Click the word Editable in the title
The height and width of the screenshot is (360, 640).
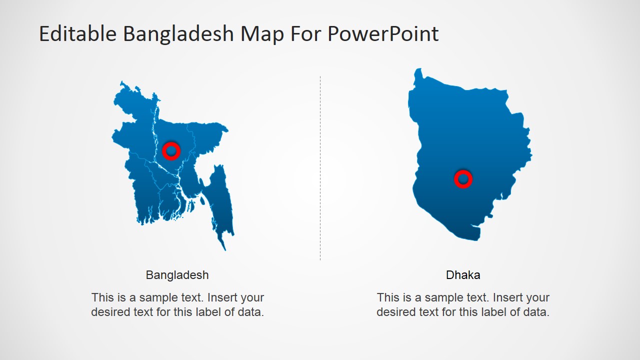[77, 34]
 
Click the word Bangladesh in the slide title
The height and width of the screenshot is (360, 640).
[178, 34]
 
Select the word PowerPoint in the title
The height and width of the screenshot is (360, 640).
[383, 34]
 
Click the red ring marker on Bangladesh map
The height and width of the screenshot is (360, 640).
[171, 150]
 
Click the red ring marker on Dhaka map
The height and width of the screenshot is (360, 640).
[463, 178]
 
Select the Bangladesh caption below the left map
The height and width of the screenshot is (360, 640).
[177, 275]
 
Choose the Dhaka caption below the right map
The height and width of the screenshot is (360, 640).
[463, 275]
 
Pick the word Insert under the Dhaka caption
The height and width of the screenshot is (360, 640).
[508, 297]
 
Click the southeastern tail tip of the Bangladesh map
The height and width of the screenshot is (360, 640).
[224, 249]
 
